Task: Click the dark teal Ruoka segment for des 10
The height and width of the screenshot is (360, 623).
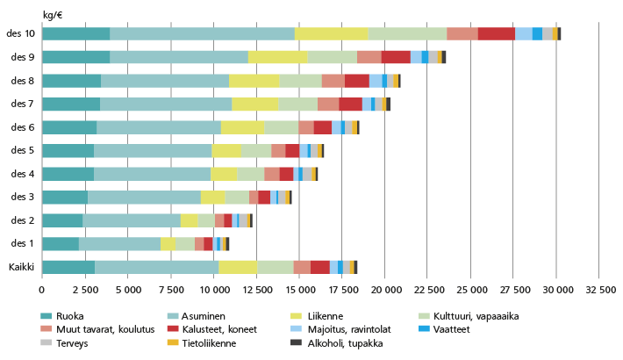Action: (75, 33)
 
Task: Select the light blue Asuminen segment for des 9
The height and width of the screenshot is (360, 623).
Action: (179, 57)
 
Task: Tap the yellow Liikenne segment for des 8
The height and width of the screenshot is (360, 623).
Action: (254, 81)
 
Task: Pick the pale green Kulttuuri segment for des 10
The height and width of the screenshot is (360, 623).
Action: (407, 33)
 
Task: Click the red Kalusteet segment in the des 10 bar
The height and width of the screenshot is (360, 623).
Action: (497, 33)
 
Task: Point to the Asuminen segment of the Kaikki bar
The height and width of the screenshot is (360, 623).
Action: (157, 267)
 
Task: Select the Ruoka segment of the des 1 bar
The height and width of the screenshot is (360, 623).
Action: (60, 243)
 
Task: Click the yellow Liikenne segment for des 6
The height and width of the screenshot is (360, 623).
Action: (243, 127)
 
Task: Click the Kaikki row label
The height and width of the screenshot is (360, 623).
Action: (20, 267)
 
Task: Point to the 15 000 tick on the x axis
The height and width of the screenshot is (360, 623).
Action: (300, 289)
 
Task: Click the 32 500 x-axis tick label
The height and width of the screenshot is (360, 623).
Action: (599, 289)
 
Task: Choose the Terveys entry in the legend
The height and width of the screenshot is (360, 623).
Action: (72, 343)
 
